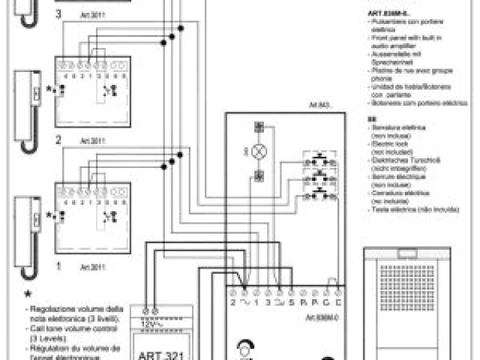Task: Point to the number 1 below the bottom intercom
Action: coord(58,265)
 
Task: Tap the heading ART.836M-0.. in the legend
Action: coord(388,13)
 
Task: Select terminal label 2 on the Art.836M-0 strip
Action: coord(233,302)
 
